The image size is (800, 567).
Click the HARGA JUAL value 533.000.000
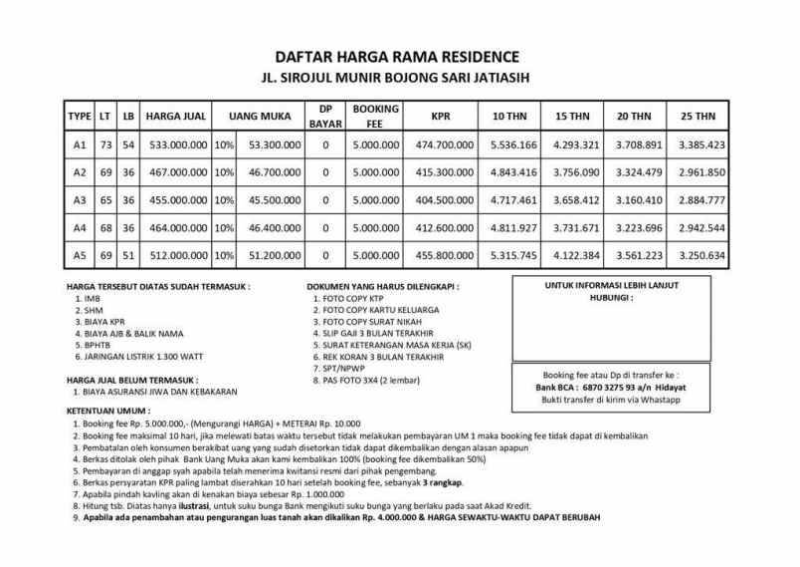point(176,144)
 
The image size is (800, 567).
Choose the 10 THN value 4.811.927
point(513,227)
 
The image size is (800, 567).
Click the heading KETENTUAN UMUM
point(107,411)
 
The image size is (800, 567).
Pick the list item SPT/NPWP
point(340,369)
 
